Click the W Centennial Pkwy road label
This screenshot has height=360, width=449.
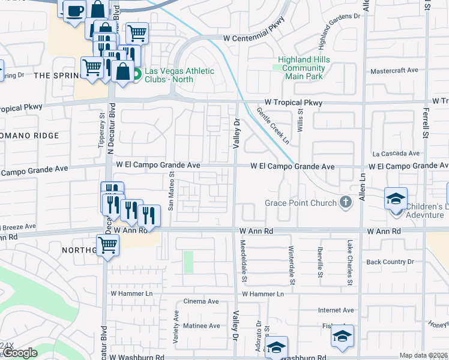click(x=253, y=37)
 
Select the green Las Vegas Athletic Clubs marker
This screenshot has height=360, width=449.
click(x=136, y=75)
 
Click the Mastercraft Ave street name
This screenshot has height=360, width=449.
click(x=394, y=70)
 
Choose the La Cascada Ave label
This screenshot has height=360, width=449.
click(x=396, y=154)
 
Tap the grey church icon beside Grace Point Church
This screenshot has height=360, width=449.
click(x=345, y=203)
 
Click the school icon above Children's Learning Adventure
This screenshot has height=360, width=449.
click(x=396, y=198)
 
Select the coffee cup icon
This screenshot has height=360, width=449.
click(x=74, y=10)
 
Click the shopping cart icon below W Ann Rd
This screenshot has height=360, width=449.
click(x=107, y=244)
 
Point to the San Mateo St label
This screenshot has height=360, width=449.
click(x=171, y=193)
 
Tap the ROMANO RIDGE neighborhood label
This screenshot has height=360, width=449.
click(x=29, y=136)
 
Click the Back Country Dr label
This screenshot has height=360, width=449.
click(x=390, y=262)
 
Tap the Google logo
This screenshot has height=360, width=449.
click(x=20, y=353)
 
